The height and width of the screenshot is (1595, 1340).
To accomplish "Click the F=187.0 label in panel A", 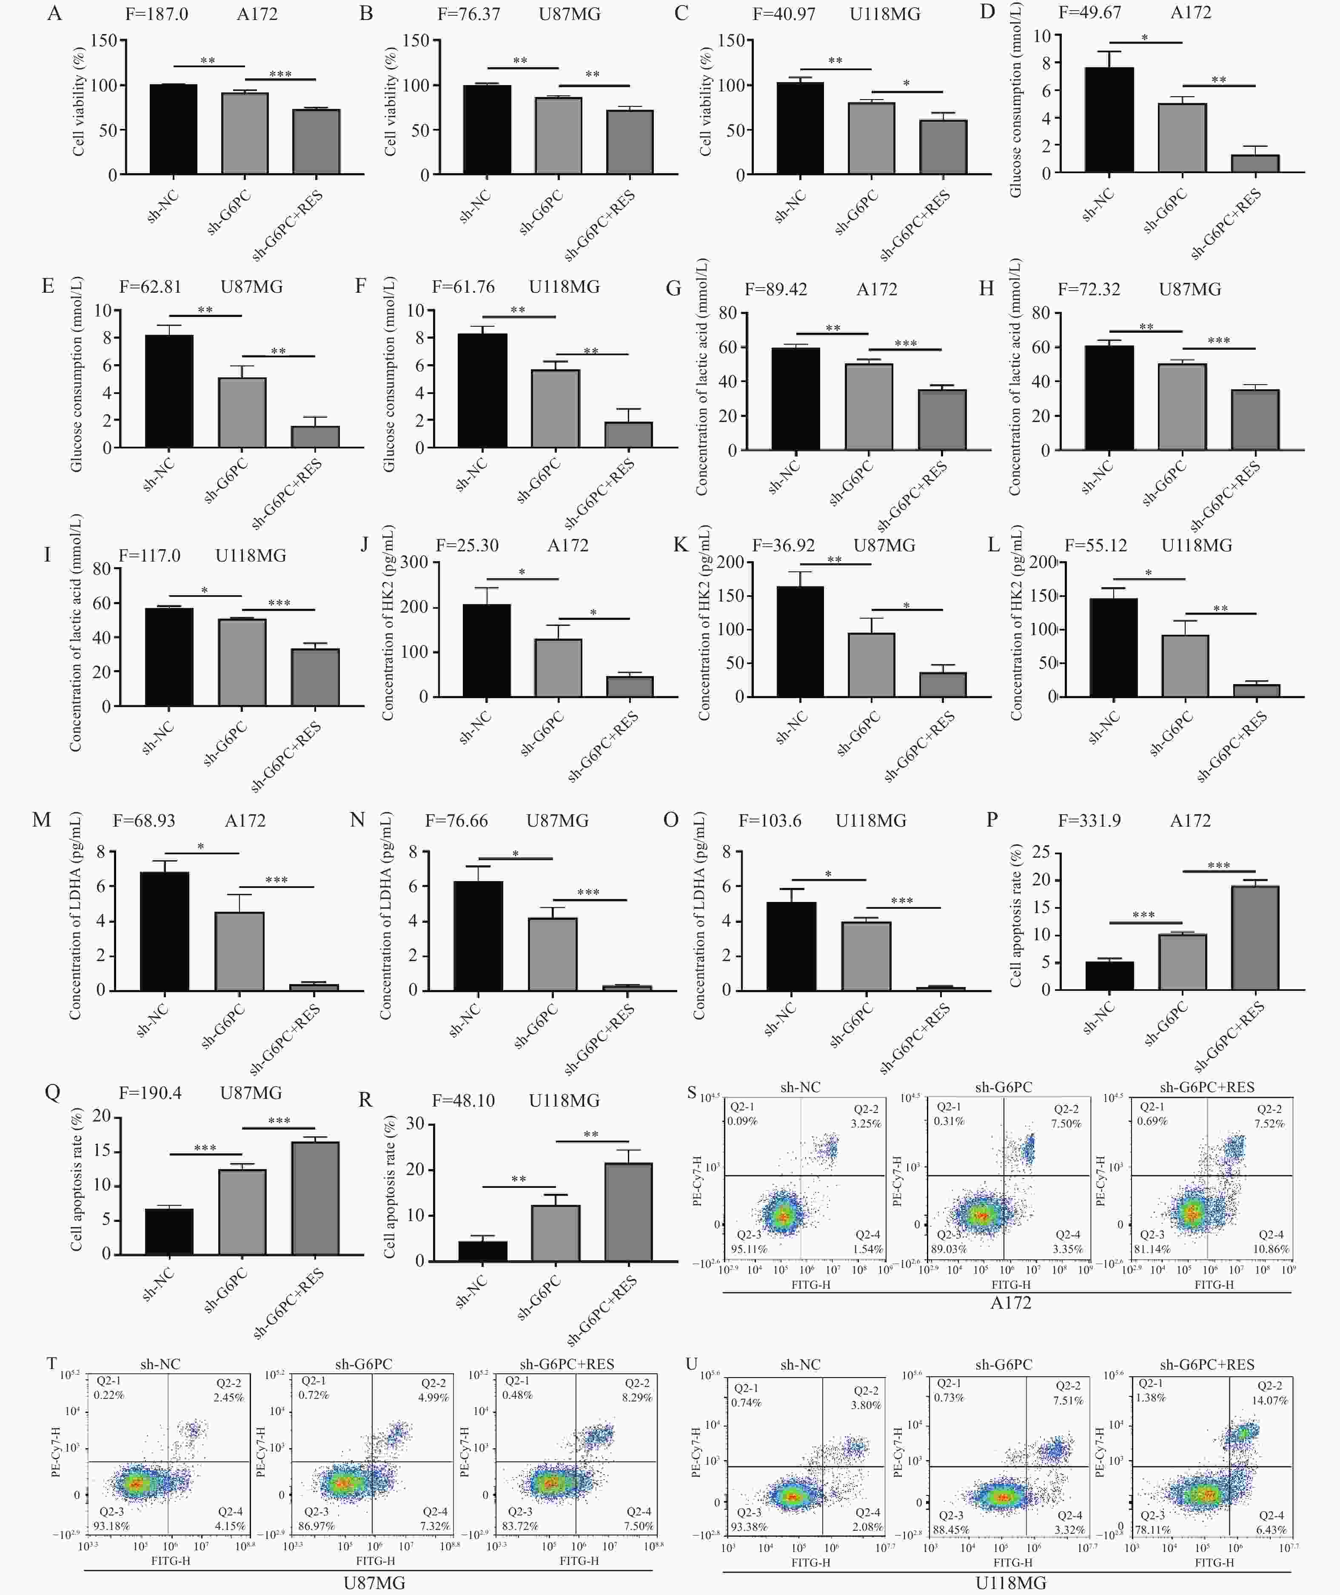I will (157, 14).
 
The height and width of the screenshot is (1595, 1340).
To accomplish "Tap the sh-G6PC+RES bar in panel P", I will (1255, 938).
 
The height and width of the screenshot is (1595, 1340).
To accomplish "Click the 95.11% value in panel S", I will (749, 1249).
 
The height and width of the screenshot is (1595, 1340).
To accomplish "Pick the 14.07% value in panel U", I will (1269, 1401).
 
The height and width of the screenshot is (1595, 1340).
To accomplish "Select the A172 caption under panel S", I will (1010, 1303).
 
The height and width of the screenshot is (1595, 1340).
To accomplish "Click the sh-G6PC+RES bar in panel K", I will (943, 684).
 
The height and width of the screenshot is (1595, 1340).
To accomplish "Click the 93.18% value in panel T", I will (111, 1526).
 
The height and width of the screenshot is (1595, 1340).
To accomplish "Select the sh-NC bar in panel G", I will (795, 399).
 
